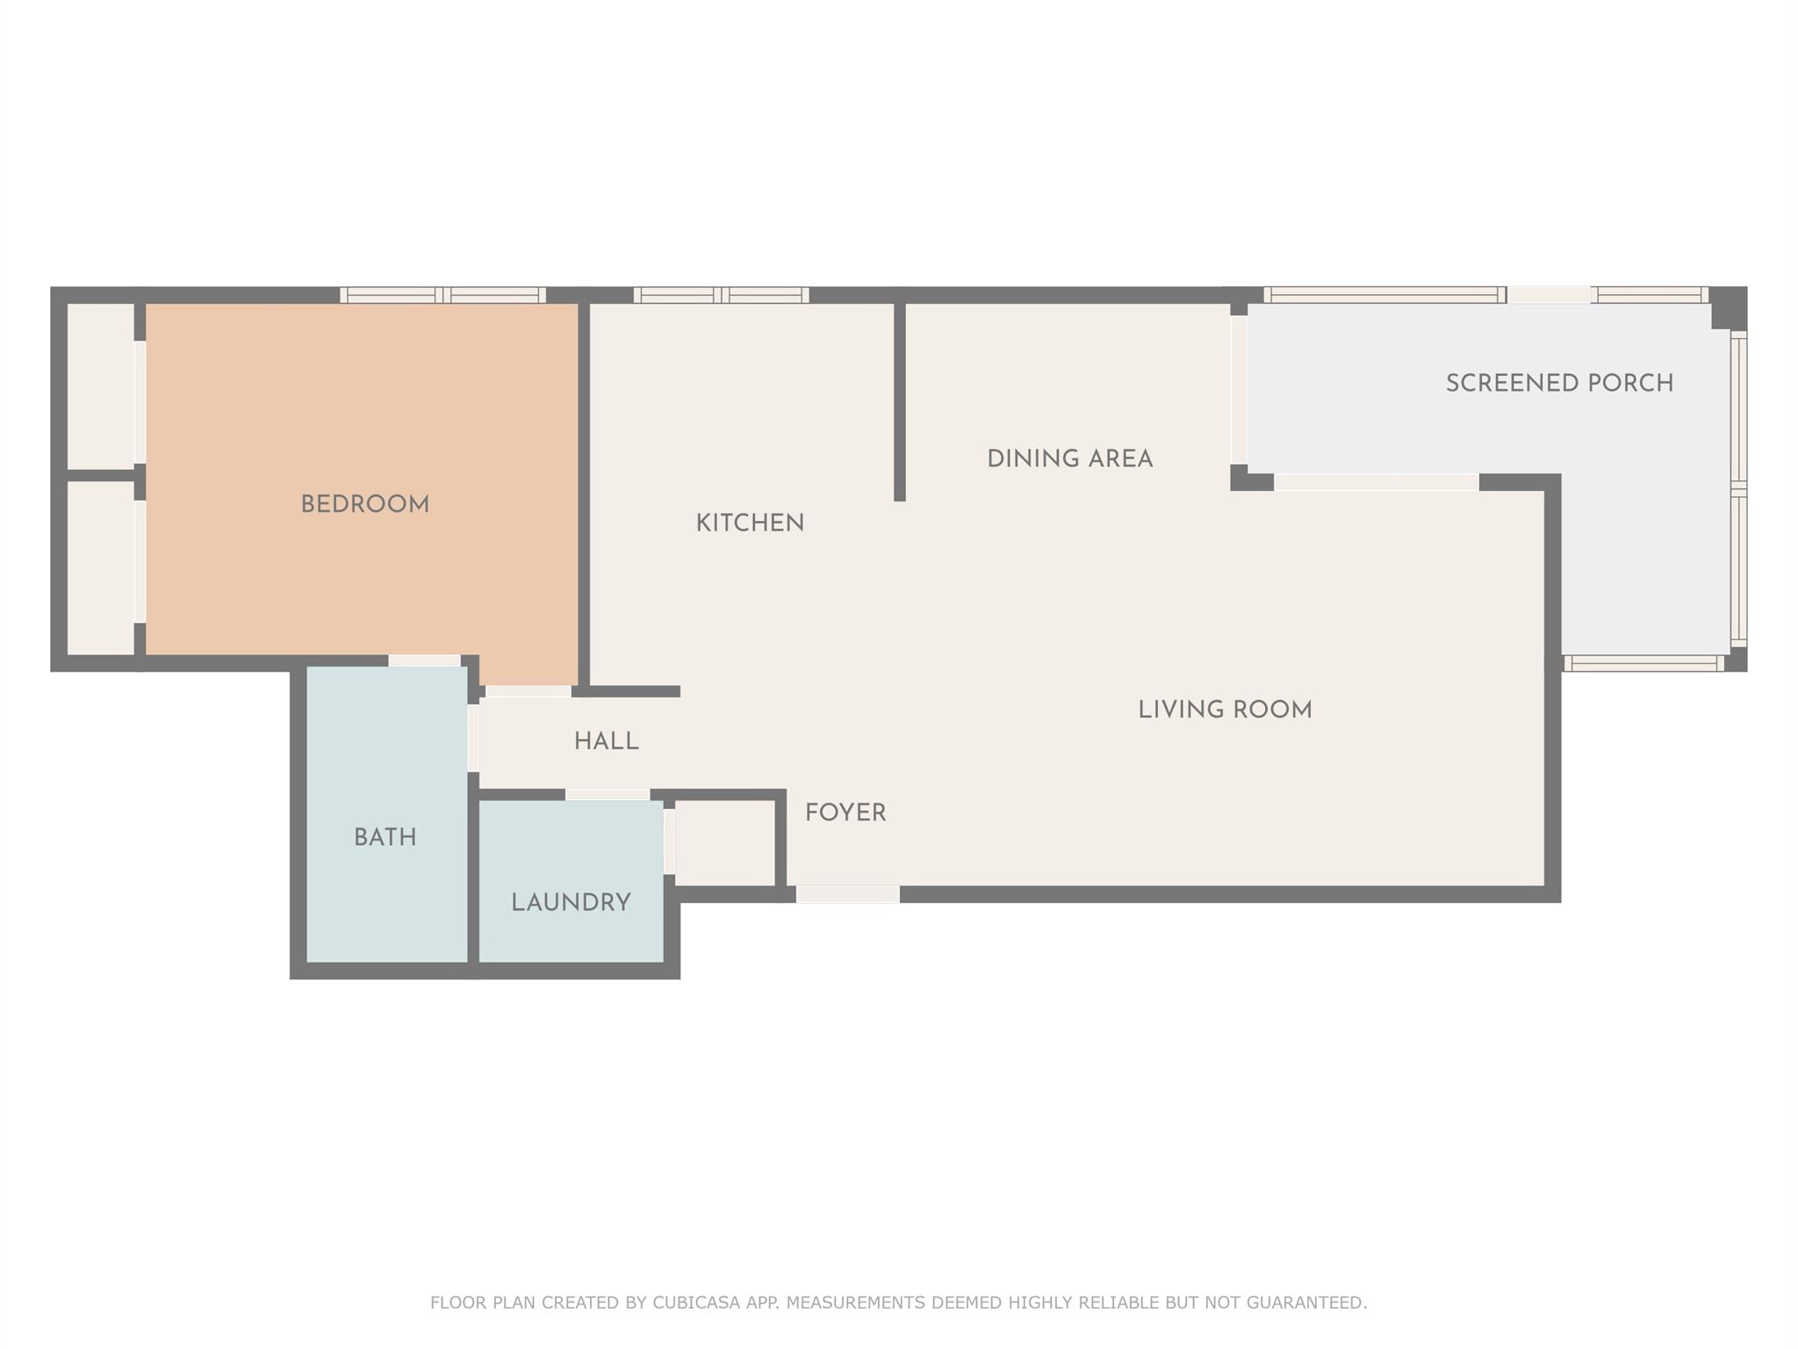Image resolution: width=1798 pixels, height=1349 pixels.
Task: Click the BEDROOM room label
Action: pyautogui.click(x=365, y=504)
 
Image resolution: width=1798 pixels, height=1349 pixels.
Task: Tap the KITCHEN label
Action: pyautogui.click(x=750, y=523)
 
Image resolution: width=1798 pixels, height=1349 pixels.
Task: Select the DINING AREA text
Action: pyautogui.click(x=1070, y=458)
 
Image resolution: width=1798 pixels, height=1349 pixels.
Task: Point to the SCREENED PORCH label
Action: pyautogui.click(x=1560, y=383)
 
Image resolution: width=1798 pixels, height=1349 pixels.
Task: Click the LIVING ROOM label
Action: pyautogui.click(x=1226, y=710)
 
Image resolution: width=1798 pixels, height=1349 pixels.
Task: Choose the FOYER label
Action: pyautogui.click(x=845, y=812)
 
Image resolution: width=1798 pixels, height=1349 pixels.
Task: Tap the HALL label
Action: pyautogui.click(x=607, y=741)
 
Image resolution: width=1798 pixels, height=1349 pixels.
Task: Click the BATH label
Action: pyautogui.click(x=385, y=837)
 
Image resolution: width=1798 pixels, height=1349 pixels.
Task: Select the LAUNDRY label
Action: pyautogui.click(x=572, y=902)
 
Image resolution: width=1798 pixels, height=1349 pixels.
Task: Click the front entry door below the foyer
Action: pyautogui.click(x=848, y=894)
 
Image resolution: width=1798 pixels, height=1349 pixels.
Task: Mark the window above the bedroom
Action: pyautogui.click(x=443, y=295)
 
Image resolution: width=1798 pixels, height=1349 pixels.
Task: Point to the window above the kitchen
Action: pyautogui.click(x=722, y=295)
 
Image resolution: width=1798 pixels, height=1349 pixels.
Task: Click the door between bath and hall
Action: pyautogui.click(x=473, y=738)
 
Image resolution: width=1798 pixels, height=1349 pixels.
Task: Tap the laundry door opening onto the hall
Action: pyautogui.click(x=608, y=795)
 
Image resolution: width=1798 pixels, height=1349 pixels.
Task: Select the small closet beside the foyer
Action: pyautogui.click(x=725, y=843)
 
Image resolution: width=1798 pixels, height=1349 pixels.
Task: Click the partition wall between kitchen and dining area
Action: pyautogui.click(x=900, y=402)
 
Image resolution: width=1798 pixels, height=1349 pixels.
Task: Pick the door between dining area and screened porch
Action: pyautogui.click(x=1239, y=390)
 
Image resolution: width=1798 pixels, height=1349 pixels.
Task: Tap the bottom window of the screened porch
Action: pyautogui.click(x=1644, y=663)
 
